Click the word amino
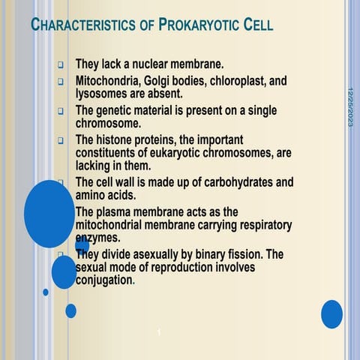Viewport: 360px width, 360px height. coord(91,195)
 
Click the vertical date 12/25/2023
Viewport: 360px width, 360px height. coord(350,106)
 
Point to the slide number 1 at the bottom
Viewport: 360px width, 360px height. coord(160,332)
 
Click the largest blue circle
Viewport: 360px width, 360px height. coord(49,214)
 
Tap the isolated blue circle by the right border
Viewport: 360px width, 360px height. coord(331,313)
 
